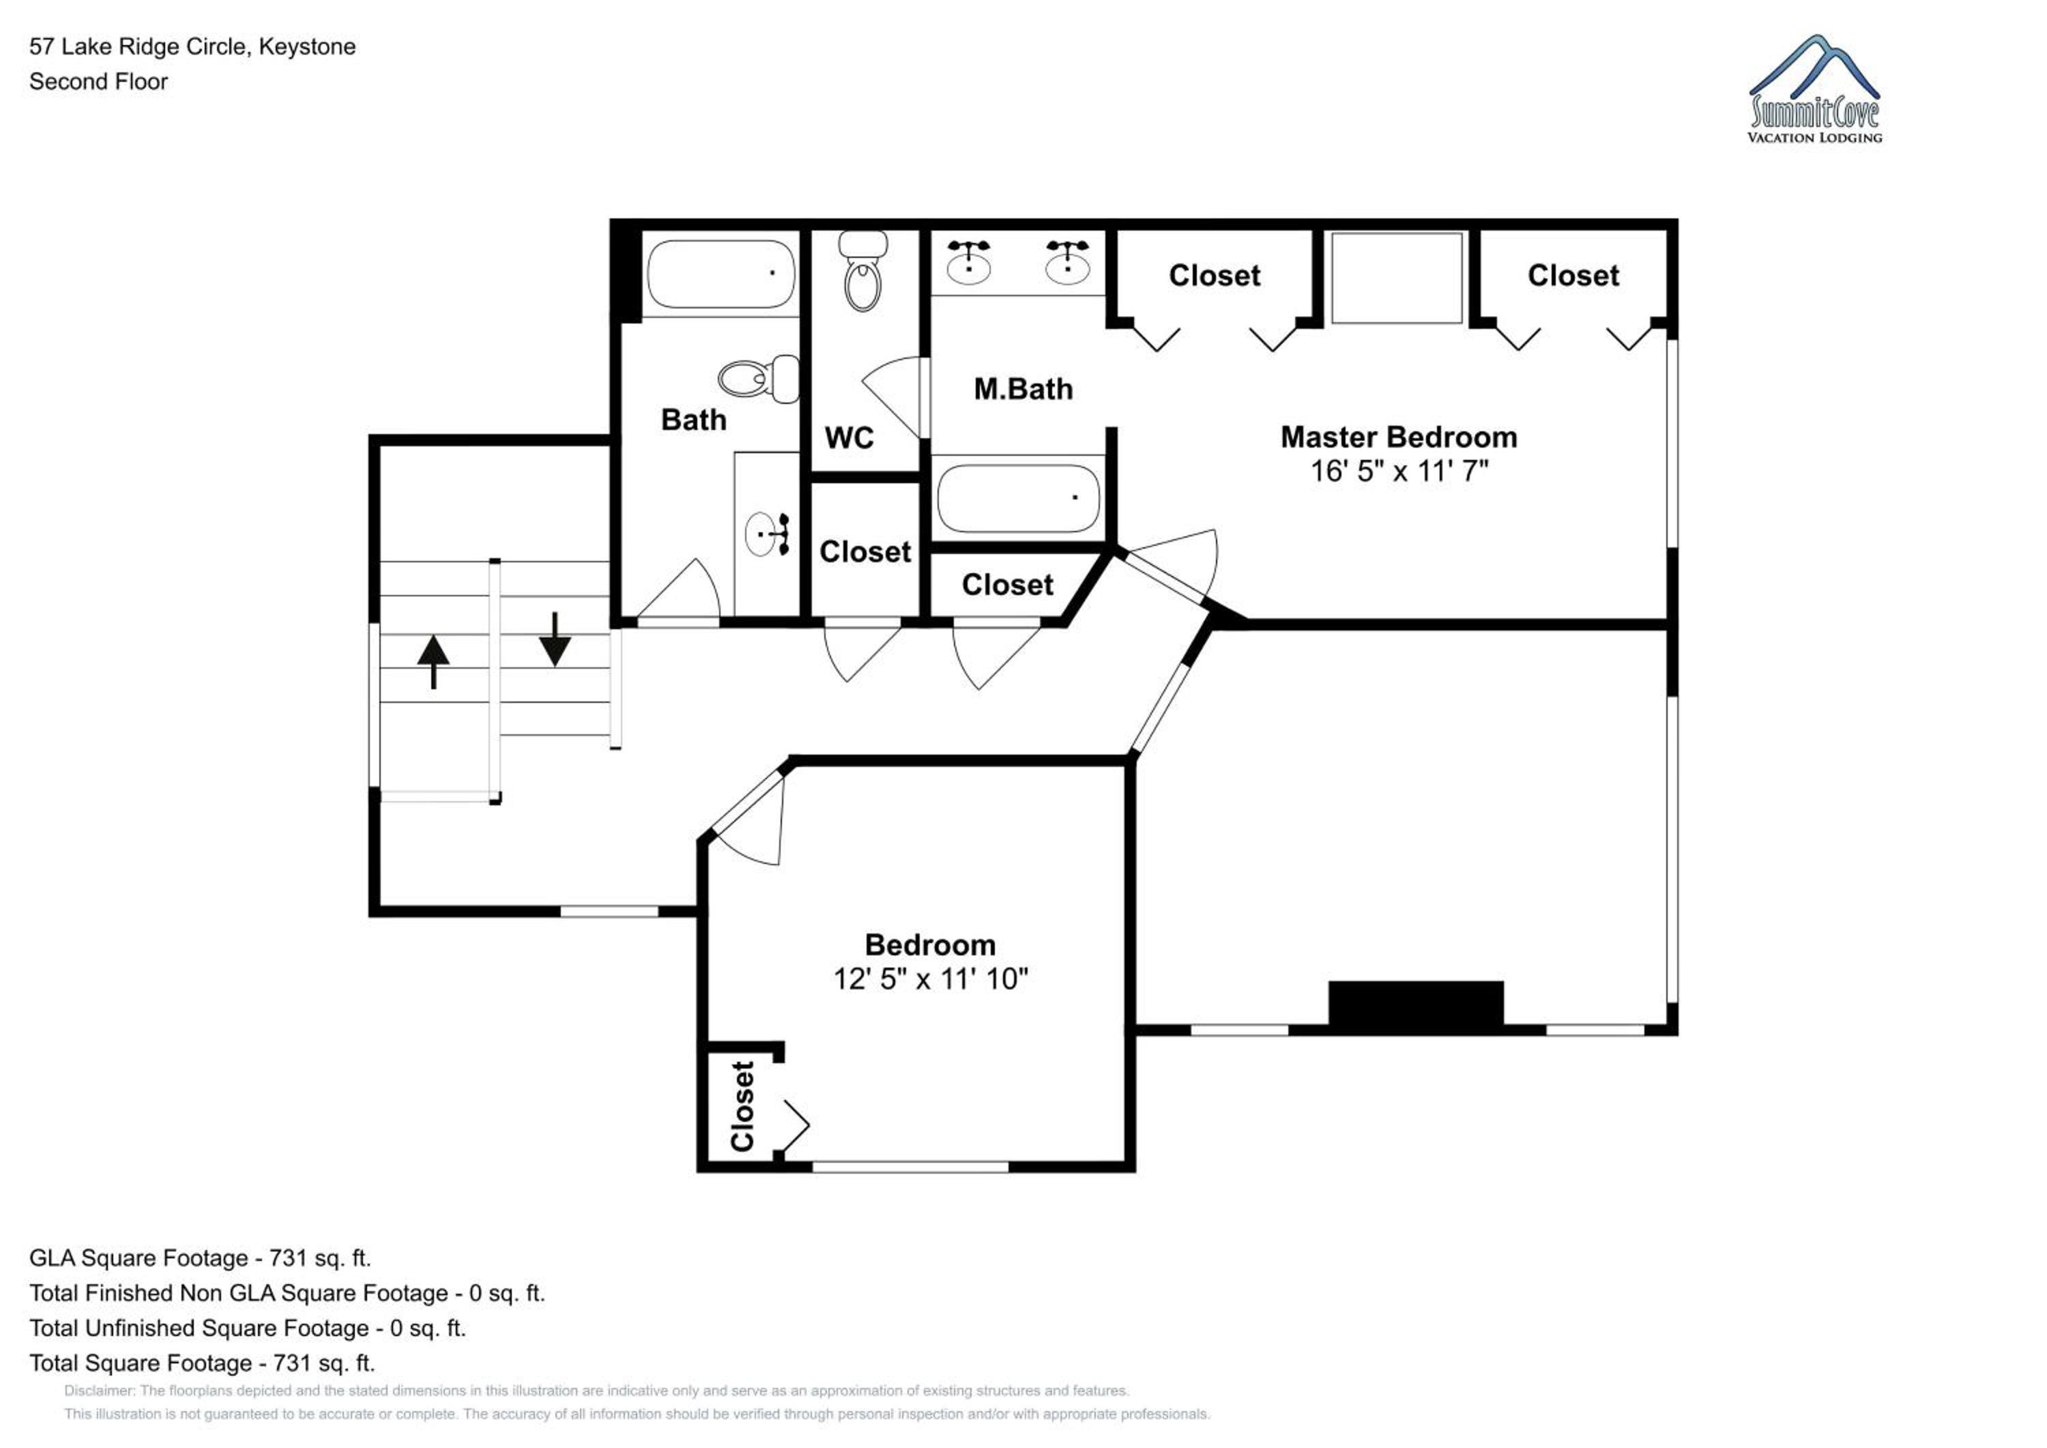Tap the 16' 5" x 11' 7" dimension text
(x=1399, y=471)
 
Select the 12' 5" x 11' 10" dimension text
(x=930, y=979)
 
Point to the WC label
(x=849, y=438)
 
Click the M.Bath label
(x=1023, y=389)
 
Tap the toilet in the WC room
(x=863, y=271)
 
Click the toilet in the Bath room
(x=759, y=379)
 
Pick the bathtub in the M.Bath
(x=1018, y=498)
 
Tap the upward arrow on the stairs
(x=433, y=661)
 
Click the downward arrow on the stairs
(x=555, y=639)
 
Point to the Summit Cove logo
(x=1814, y=89)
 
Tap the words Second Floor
(x=98, y=81)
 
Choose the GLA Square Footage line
(x=200, y=1258)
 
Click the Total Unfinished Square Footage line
(x=248, y=1329)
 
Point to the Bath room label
(x=694, y=420)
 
